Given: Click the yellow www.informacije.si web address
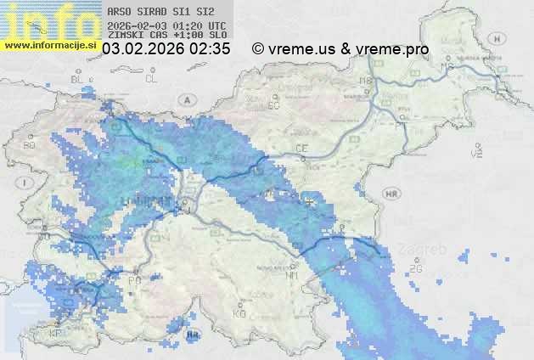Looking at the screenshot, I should (x=50, y=45).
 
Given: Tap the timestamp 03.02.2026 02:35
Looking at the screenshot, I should (x=166, y=49).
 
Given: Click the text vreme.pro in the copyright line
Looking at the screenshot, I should (x=392, y=49).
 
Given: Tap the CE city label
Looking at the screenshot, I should (x=301, y=148).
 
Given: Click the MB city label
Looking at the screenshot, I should (x=367, y=82).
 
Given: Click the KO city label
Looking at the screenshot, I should (x=239, y=314).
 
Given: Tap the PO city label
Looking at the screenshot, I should (x=133, y=280).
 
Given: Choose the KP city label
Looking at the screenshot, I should (x=56, y=334).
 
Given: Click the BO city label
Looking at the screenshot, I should (x=30, y=146).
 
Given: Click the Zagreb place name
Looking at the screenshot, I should (x=426, y=249).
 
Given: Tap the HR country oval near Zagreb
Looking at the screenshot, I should (x=391, y=194).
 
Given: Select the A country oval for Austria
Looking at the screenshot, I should (x=186, y=99).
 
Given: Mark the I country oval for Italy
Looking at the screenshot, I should (x=27, y=182).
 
